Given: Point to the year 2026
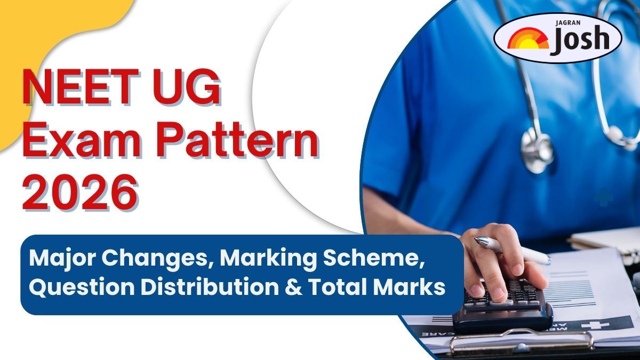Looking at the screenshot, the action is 80,193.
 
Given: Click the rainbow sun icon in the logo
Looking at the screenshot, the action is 528,42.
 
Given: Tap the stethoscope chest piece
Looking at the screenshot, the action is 538,151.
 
